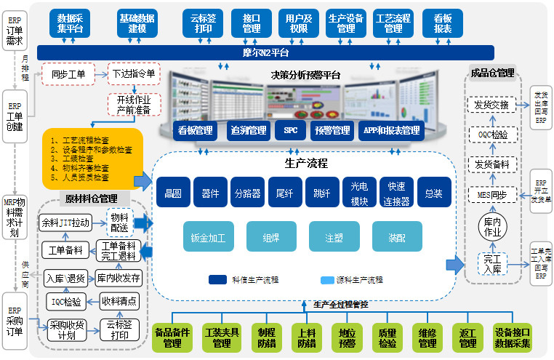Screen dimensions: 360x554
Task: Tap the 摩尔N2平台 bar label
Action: [x=266, y=52]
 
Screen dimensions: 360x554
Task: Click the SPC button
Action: [x=290, y=131]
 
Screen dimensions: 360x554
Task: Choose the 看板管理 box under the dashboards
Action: [x=196, y=131]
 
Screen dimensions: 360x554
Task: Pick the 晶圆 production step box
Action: [x=173, y=193]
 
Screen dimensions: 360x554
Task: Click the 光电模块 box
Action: [x=359, y=193]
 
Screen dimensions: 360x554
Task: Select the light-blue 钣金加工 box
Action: [x=208, y=237]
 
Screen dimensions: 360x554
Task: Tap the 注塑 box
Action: [x=334, y=237]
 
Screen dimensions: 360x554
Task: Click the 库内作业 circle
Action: [x=493, y=228]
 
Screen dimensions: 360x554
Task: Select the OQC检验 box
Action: [x=492, y=135]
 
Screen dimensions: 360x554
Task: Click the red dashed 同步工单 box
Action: [x=68, y=73]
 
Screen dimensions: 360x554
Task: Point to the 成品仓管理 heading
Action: [x=492, y=73]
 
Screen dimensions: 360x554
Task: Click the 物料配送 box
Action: [x=120, y=221]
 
